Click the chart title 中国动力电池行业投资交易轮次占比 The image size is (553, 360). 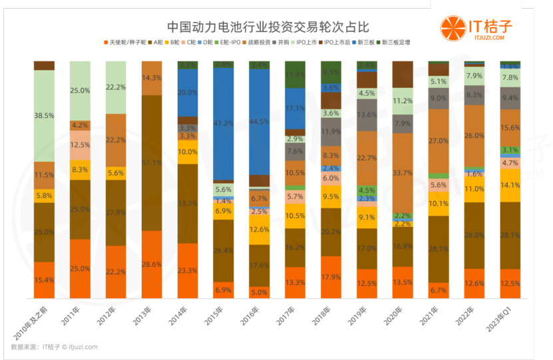click(267, 27)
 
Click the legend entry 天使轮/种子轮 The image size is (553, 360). click(128, 43)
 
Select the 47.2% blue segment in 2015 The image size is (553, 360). click(223, 124)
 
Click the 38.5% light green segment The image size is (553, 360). click(44, 115)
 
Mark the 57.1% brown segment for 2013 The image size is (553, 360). click(152, 162)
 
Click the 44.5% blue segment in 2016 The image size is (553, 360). click(259, 121)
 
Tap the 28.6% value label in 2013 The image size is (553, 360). click(152, 264)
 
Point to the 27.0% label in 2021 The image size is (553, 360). click(438, 141)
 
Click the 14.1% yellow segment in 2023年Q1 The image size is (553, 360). click(510, 186)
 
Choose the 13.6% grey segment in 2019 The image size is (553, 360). click(367, 114)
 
